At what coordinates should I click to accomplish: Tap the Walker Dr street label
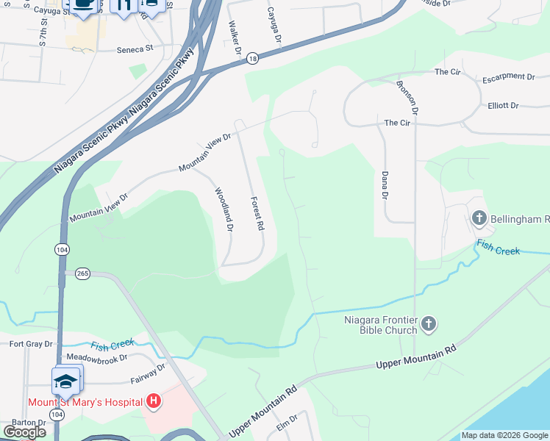[x=235, y=38]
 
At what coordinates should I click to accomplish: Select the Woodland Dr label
[x=224, y=210]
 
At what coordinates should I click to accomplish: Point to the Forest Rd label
[x=257, y=214]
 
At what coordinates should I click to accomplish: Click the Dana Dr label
[x=385, y=185]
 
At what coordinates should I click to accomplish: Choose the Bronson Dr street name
[x=407, y=96]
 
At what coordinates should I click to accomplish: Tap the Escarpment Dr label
[x=508, y=76]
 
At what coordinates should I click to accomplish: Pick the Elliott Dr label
[x=503, y=106]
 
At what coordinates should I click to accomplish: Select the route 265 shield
[x=82, y=273]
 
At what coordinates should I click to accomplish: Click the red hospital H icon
[x=153, y=401]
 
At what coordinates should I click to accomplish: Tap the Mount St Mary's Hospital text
[x=85, y=402]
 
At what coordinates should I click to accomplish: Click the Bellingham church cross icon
[x=479, y=218]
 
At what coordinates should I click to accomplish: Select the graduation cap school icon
[x=65, y=381]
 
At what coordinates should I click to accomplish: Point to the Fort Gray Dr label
[x=31, y=343]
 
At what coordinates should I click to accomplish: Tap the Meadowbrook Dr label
[x=97, y=358]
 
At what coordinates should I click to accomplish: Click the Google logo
[x=24, y=432]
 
